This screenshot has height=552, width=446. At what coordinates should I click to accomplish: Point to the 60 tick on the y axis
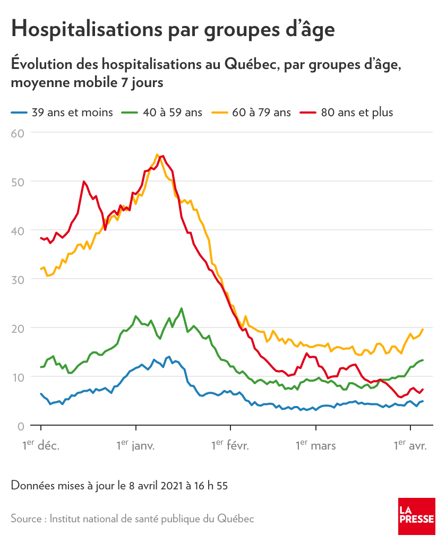pos(18,133)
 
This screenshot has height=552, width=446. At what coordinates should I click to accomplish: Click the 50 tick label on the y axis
pos(18,182)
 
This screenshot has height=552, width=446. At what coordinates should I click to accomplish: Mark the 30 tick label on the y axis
pos(18,279)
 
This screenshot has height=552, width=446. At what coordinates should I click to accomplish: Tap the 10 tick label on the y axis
pos(18,377)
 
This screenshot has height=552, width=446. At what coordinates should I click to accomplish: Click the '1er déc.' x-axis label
pos(41,445)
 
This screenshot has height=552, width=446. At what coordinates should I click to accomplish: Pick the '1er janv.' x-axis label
pos(136,445)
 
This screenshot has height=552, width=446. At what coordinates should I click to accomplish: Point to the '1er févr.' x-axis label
pos(230,445)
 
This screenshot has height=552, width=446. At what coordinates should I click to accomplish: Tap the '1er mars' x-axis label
pos(316,445)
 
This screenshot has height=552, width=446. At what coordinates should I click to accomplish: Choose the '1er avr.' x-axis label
pos(410,445)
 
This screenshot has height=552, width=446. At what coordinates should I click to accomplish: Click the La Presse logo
pos(417,516)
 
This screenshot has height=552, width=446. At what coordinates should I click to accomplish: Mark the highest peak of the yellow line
pos(157,154)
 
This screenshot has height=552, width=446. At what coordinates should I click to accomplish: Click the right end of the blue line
pos(423,401)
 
